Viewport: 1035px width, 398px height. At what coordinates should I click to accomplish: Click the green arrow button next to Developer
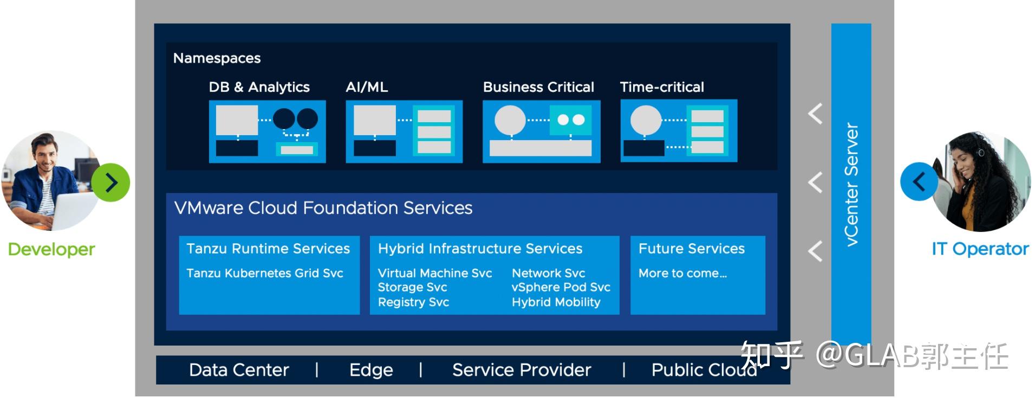pyautogui.click(x=110, y=183)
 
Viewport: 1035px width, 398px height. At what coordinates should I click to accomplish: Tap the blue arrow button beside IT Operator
pyautogui.click(x=919, y=182)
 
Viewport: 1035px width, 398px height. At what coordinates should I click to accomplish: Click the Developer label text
pyautogui.click(x=51, y=249)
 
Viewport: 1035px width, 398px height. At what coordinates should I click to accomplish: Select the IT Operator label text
pyautogui.click(x=980, y=249)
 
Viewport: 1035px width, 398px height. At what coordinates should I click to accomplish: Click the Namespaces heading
pyautogui.click(x=217, y=58)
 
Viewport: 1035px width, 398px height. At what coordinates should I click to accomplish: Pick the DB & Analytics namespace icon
pyautogui.click(x=268, y=131)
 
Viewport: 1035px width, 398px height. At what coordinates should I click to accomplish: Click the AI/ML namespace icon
pyautogui.click(x=404, y=131)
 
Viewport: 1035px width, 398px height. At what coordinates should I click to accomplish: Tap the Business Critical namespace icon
pyautogui.click(x=541, y=131)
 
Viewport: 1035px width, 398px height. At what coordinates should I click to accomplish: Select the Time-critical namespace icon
pyautogui.click(x=679, y=131)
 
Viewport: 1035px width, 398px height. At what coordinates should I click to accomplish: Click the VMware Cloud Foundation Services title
pyautogui.click(x=323, y=208)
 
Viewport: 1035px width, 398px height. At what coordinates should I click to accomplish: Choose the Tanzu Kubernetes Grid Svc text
pyautogui.click(x=265, y=273)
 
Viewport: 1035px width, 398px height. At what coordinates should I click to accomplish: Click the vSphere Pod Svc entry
pyautogui.click(x=561, y=287)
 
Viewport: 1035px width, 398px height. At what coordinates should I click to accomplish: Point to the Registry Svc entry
pyautogui.click(x=413, y=302)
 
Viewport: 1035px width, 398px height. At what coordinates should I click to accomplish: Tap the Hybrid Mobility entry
pyautogui.click(x=556, y=302)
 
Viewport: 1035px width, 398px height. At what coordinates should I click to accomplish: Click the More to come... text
pyautogui.click(x=682, y=273)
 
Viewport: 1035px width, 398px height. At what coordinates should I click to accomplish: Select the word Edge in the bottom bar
pyautogui.click(x=371, y=370)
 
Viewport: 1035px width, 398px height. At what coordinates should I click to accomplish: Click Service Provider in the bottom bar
pyautogui.click(x=522, y=370)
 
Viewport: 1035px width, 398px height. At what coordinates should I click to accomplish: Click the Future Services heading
pyautogui.click(x=691, y=249)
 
